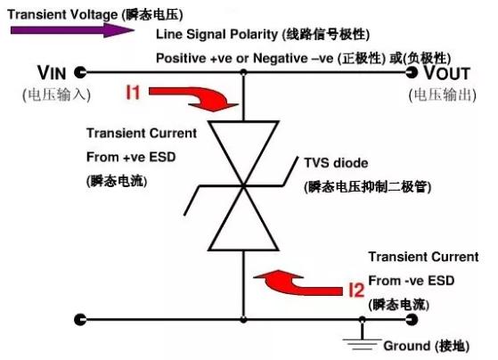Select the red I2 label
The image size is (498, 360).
[x=356, y=290]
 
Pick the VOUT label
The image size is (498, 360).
[x=451, y=73]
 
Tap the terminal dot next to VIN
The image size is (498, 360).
[x=82, y=72]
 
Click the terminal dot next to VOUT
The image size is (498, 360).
[x=412, y=72]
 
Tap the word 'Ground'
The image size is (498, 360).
[x=406, y=346]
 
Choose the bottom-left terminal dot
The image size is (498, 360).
[x=82, y=318]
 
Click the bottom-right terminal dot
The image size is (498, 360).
[x=412, y=318]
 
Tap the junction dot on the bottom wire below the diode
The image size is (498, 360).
[x=362, y=318]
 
